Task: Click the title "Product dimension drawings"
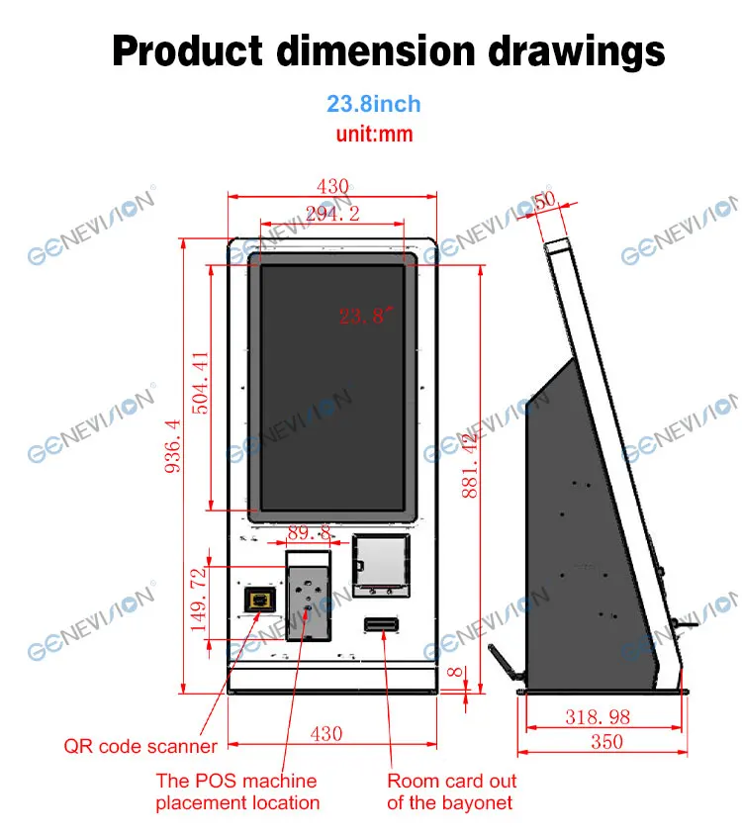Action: point(388,50)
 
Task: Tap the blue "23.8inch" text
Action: point(373,104)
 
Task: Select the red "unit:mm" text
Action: point(374,134)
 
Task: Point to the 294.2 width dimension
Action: point(333,213)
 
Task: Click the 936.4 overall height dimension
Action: point(172,447)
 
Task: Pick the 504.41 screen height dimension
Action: point(200,384)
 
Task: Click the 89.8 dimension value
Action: point(309,533)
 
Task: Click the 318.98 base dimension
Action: point(597,716)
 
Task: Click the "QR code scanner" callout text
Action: point(139,746)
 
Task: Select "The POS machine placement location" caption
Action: point(236,791)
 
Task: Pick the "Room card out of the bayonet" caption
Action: point(451,791)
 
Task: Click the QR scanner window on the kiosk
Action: point(261,600)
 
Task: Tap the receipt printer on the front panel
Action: point(381,566)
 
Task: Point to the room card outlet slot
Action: point(381,625)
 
